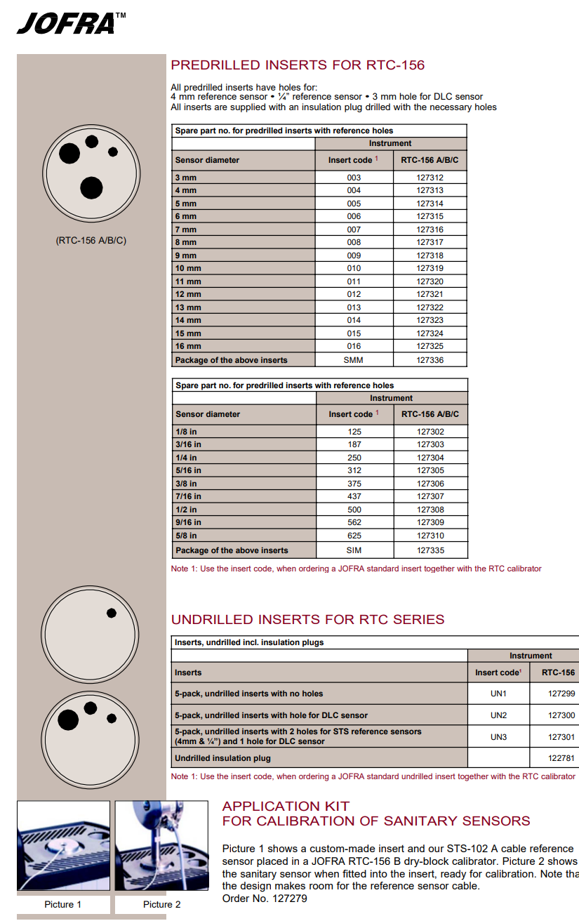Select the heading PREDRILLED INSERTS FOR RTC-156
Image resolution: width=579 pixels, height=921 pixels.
pos(298,65)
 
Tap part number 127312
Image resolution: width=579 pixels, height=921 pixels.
pos(430,178)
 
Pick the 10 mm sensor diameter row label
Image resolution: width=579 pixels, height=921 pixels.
pos(188,268)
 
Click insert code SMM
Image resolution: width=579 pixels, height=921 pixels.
pos(354,360)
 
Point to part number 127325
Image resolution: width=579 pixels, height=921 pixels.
pos(430,346)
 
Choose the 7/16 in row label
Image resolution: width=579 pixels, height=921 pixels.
pos(188,496)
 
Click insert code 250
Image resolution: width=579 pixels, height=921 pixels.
pos(354,458)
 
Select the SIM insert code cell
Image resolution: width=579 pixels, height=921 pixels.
pos(354,550)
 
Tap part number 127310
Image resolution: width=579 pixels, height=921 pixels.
pos(430,536)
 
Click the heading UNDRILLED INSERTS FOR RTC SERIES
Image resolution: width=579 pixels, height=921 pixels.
pos(307,620)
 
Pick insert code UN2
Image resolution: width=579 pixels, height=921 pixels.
pos(498,715)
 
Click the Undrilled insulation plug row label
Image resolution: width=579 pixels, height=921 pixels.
pos(222,758)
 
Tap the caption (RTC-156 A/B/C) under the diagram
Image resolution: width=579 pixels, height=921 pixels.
pos(91,241)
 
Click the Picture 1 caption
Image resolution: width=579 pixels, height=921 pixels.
pos(63,904)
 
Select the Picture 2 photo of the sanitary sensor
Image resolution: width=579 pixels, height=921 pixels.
pos(161,847)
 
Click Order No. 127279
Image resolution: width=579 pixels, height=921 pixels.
pos(265,898)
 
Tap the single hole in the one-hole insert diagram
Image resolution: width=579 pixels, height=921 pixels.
pos(112,613)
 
